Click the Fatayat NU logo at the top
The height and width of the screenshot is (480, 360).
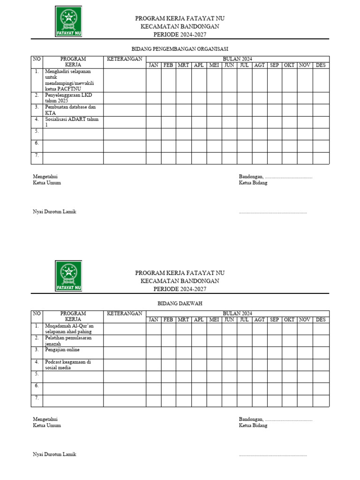68,22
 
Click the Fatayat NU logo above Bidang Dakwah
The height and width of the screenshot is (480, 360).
68,276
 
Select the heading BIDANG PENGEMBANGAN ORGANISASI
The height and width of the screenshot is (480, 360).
180,49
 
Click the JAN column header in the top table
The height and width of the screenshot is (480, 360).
153,65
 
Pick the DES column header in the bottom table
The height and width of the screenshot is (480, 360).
321,320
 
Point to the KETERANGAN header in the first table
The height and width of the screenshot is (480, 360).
125,59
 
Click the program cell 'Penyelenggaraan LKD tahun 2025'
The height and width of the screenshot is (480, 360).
68,97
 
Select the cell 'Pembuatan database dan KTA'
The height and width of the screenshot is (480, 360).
70,110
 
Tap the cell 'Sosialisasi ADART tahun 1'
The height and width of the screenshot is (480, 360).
72,122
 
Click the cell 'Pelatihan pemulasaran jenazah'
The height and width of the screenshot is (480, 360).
68,340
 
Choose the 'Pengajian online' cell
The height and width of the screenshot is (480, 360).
62,350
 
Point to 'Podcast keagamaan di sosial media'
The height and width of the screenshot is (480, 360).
68,365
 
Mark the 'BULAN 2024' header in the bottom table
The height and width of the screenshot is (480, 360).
237,313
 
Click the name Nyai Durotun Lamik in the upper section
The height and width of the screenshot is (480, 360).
54,211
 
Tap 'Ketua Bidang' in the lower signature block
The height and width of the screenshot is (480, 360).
253,426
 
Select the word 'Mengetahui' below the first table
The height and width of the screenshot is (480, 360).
45,177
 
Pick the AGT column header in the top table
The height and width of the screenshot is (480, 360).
259,65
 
